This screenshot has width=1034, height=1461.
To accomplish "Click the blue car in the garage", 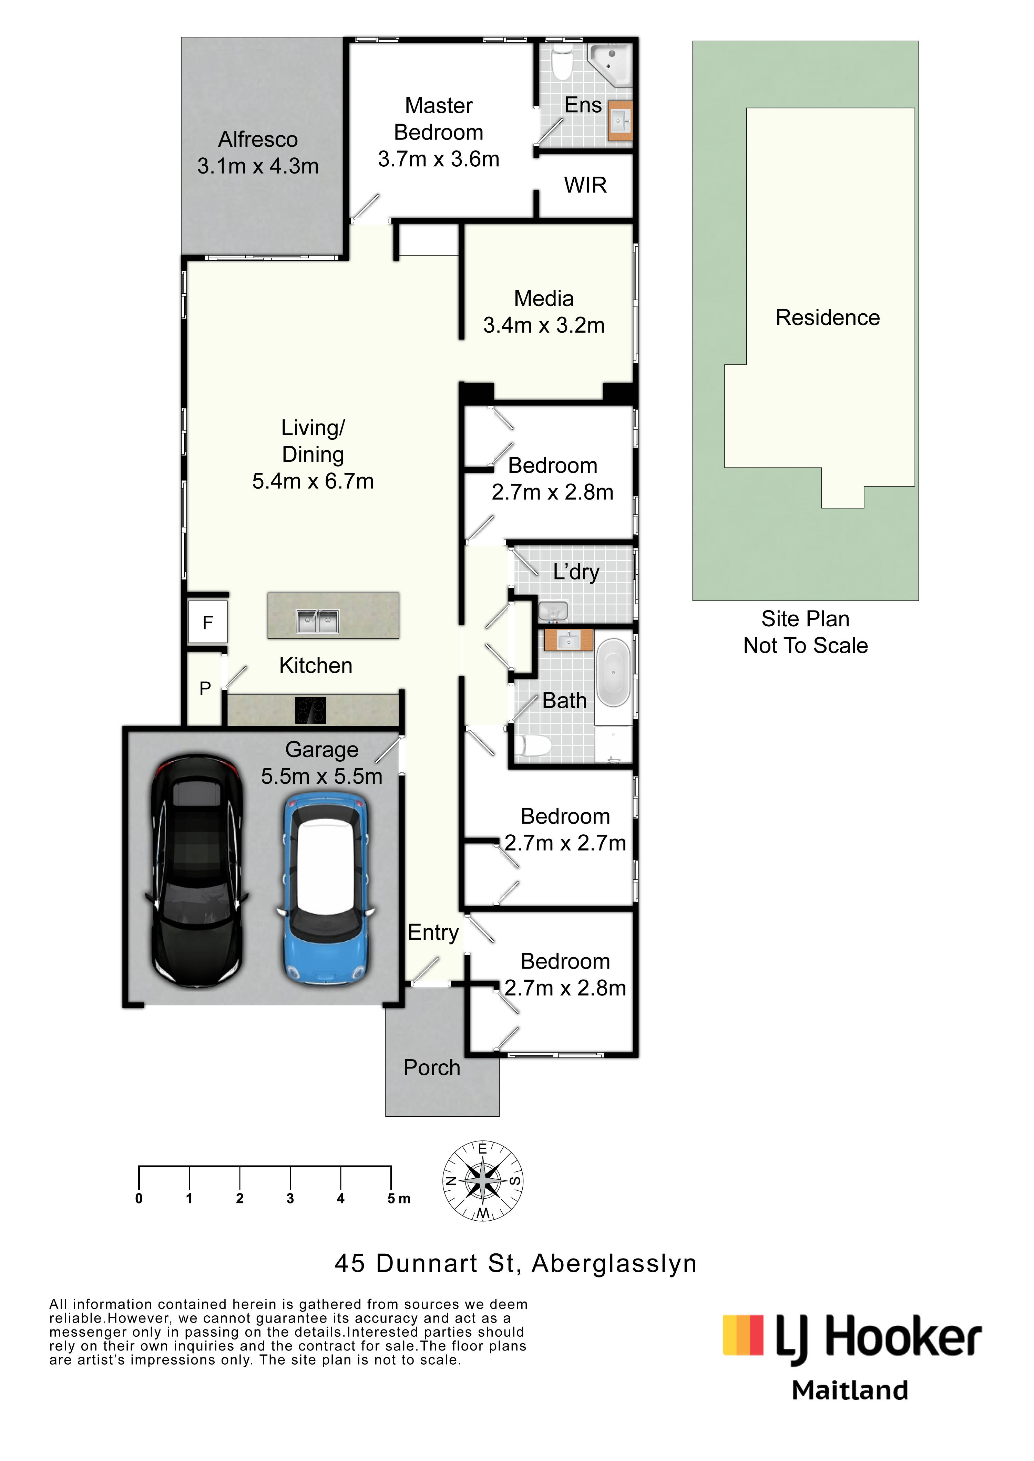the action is (x=325, y=889).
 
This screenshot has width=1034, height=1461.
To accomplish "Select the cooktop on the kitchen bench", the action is (x=311, y=710).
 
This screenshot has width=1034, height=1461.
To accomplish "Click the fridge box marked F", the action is (x=207, y=622).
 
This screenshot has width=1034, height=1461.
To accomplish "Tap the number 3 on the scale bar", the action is (x=290, y=1199).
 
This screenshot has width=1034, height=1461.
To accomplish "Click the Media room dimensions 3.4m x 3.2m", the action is (x=544, y=325).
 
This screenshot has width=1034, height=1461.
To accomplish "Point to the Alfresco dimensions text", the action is (x=258, y=166).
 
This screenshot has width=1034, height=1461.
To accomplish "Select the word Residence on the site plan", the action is (x=828, y=317).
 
